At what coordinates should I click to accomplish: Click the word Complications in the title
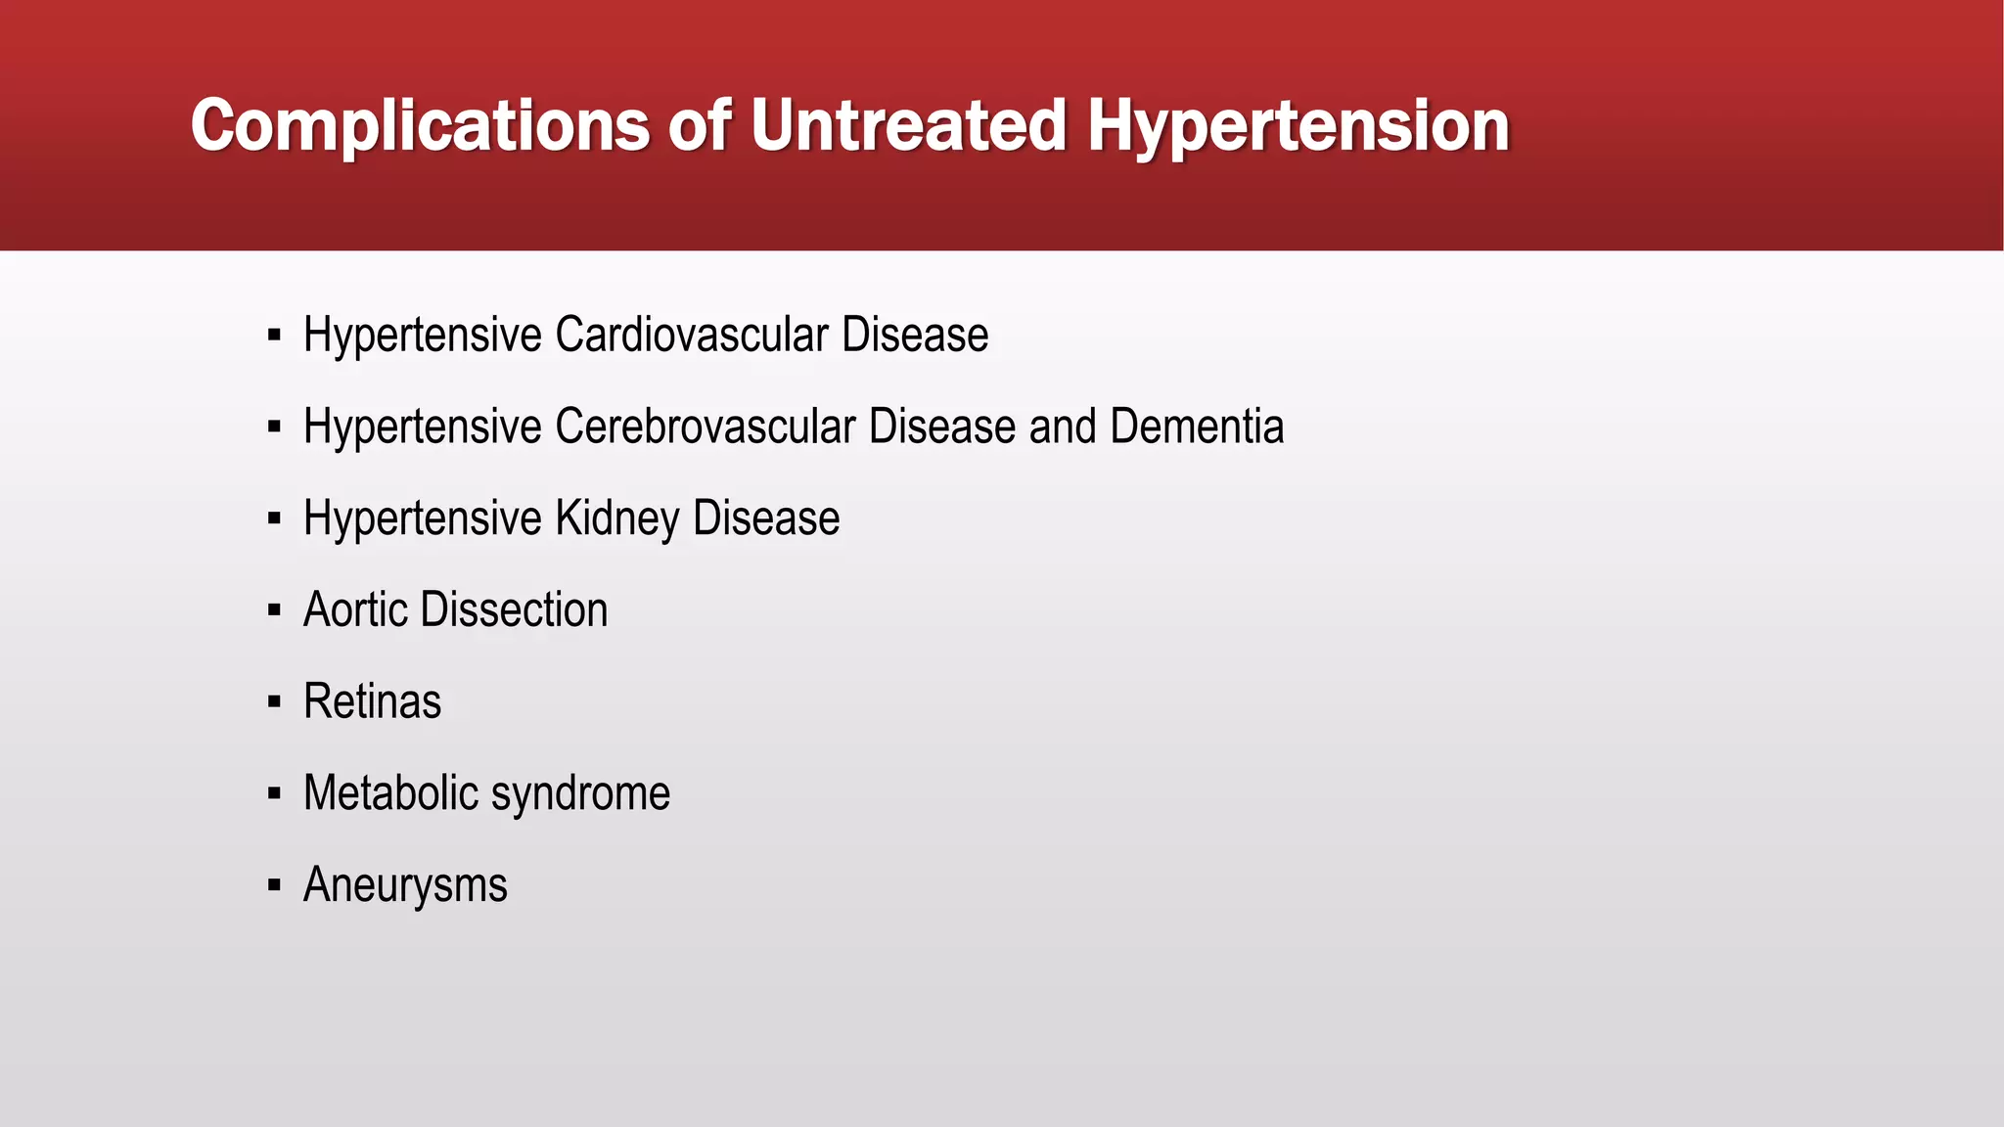click(x=420, y=127)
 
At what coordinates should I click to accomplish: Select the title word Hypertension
click(x=1298, y=127)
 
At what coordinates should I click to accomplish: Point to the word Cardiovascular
click(x=692, y=335)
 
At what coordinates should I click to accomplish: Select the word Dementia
click(x=1197, y=427)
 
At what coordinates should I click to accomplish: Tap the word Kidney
click(x=616, y=518)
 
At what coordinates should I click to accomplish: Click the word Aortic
click(x=355, y=609)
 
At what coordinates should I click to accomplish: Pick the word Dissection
click(x=515, y=609)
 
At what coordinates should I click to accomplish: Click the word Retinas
click(x=372, y=701)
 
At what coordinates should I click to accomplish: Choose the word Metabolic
click(x=389, y=792)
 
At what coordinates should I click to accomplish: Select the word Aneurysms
click(x=405, y=885)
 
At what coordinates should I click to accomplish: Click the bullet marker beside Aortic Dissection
click(x=274, y=610)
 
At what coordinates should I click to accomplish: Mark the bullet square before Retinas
click(x=274, y=702)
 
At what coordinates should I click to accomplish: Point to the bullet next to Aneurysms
click(x=274, y=885)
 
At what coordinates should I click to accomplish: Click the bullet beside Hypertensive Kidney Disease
click(x=274, y=518)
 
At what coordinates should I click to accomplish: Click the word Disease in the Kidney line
click(x=766, y=518)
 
